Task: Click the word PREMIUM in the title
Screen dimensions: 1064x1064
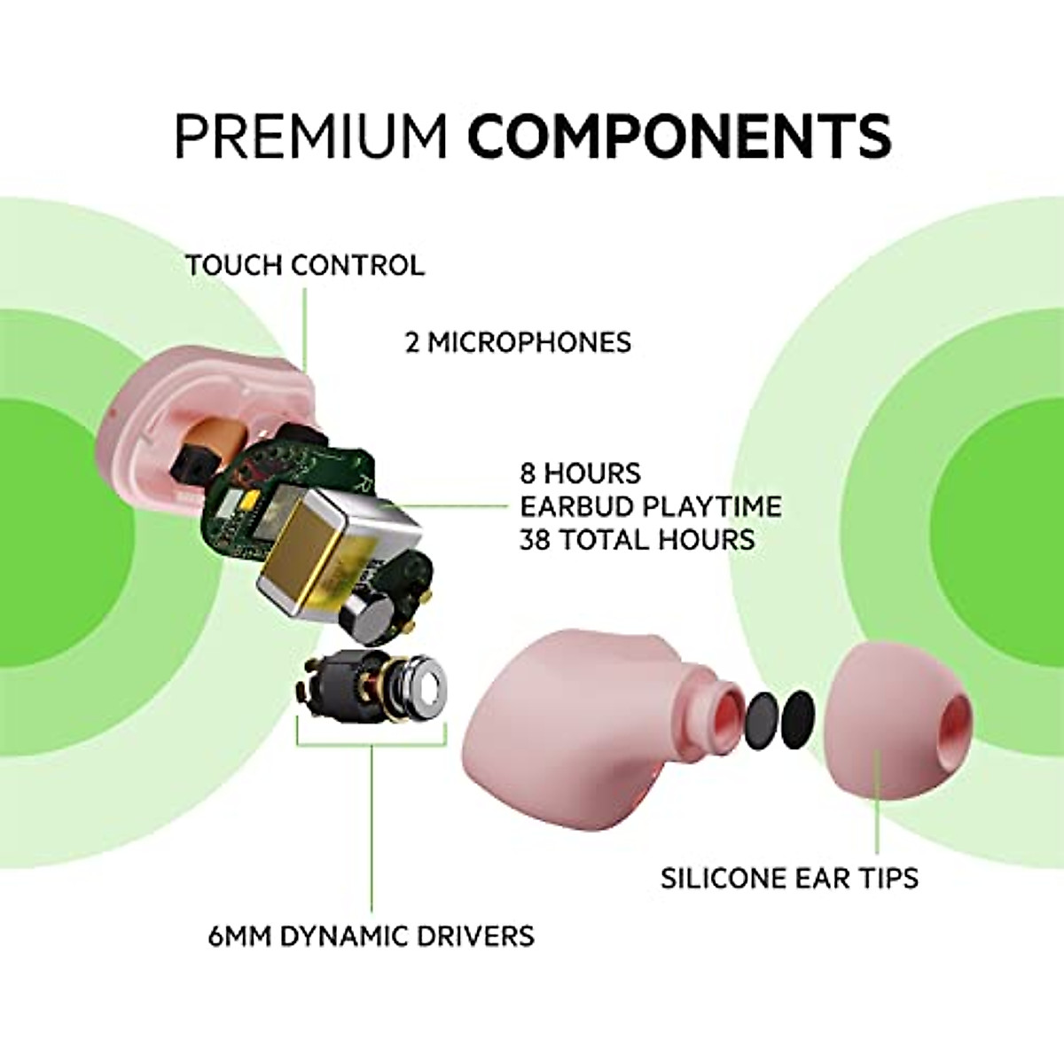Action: click(x=310, y=136)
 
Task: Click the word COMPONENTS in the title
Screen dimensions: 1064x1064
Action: click(x=678, y=136)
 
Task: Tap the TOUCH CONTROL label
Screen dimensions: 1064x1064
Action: click(x=304, y=265)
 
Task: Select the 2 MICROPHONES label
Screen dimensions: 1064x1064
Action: click(x=518, y=342)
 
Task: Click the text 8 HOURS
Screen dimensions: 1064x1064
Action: click(x=580, y=473)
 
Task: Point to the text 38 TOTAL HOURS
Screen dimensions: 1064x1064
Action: click(x=637, y=539)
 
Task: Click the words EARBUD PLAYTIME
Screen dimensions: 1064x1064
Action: click(x=650, y=506)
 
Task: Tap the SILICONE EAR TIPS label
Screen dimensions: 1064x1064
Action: click(x=788, y=878)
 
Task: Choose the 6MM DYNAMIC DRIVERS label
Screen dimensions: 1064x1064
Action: click(x=371, y=935)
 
